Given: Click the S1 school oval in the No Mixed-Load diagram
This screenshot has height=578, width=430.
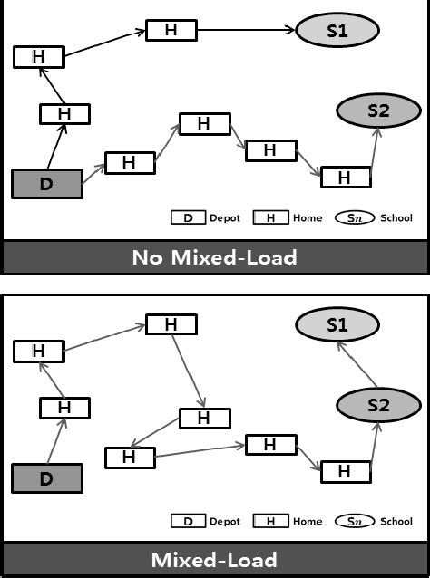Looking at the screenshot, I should (x=337, y=31).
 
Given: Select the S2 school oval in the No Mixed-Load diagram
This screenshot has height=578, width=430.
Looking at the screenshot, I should (x=377, y=111).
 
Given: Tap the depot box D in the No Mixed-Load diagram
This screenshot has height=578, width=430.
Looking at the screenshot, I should (x=46, y=184).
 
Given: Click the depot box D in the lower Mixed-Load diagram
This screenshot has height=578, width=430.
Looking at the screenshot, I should (x=46, y=477).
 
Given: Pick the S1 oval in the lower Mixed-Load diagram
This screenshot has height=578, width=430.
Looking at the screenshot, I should (x=337, y=325).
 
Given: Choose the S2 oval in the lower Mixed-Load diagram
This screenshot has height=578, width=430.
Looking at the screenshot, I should (x=377, y=405).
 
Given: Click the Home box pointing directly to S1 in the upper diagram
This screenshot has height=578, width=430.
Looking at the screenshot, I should (x=171, y=30).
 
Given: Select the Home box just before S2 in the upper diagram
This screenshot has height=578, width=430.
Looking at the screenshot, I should (x=345, y=178).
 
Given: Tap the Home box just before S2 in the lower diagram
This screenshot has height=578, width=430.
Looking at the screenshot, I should (x=345, y=471).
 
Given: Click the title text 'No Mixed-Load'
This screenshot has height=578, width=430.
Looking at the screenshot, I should (x=215, y=257).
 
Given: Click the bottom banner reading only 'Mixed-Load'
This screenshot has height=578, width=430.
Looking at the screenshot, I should (x=215, y=559).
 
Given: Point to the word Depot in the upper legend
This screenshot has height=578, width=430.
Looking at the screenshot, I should (x=225, y=218).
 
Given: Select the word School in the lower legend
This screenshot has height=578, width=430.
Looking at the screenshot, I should (x=397, y=521).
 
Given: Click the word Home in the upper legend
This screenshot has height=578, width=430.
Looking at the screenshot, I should (x=308, y=218).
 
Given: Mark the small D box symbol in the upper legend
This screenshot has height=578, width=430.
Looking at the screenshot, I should (x=188, y=218).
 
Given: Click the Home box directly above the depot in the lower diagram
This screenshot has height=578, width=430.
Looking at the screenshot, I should (x=64, y=408).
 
